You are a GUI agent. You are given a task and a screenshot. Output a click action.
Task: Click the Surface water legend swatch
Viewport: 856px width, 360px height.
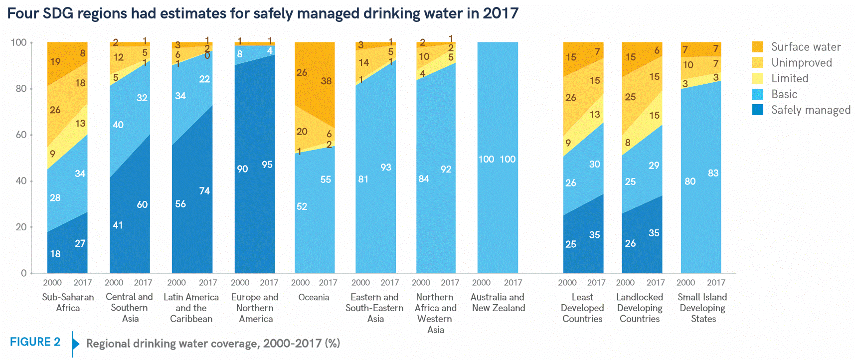758,47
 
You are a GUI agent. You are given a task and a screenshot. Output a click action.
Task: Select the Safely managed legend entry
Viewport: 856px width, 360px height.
811,110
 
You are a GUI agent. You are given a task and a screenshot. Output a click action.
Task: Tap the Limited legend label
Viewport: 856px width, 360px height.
790,78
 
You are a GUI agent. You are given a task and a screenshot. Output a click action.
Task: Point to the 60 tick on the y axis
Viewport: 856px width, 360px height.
20,135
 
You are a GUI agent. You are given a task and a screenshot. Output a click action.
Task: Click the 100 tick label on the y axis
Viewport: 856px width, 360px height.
18,42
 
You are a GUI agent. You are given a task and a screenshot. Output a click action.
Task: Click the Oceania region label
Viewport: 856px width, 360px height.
314,297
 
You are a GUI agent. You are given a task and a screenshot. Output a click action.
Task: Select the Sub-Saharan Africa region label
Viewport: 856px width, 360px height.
68,302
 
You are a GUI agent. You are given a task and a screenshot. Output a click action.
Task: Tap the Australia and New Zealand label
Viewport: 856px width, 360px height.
498,302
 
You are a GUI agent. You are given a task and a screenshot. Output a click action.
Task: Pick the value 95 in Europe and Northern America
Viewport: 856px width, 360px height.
267,165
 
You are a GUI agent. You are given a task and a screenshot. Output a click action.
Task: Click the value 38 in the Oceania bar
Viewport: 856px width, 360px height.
326,81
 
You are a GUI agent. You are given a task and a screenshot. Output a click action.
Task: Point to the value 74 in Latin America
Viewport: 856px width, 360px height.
204,191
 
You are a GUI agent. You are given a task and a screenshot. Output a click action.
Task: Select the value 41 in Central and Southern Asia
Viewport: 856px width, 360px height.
118,225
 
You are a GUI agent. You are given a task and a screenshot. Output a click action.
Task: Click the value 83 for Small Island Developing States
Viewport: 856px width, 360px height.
713,173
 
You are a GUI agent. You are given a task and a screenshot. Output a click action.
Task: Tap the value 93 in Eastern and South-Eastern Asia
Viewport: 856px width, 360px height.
386,167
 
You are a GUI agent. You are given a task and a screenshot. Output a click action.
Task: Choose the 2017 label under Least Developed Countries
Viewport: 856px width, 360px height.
596,283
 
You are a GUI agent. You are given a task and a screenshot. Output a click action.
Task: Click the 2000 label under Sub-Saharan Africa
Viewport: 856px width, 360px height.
52,283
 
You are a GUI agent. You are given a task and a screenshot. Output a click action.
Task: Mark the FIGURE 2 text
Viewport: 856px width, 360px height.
35,342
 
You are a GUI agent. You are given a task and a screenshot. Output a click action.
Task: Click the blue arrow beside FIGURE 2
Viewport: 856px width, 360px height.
76,344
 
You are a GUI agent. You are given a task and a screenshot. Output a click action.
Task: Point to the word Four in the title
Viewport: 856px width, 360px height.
23,13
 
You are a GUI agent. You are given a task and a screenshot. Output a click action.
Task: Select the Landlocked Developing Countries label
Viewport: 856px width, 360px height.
640,308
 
